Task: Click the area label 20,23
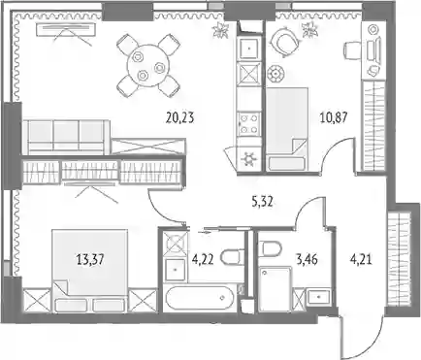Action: point(179,117)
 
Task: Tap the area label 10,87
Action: point(334,117)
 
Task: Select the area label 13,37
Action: point(90,259)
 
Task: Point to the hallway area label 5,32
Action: point(262,202)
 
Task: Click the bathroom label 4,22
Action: point(203,259)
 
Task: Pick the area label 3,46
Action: point(307,259)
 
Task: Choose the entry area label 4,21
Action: point(361,259)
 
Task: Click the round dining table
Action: point(147,66)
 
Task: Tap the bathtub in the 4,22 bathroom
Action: point(198,298)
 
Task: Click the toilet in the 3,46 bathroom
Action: point(271,248)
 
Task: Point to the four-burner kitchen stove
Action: point(249,124)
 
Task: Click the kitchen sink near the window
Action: point(249,49)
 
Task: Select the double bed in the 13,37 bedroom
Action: point(89,271)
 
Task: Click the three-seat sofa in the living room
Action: point(66,136)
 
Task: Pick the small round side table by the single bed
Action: point(275,74)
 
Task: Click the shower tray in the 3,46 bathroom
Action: point(275,289)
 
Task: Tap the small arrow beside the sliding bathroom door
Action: point(203,231)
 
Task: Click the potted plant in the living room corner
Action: point(221,30)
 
